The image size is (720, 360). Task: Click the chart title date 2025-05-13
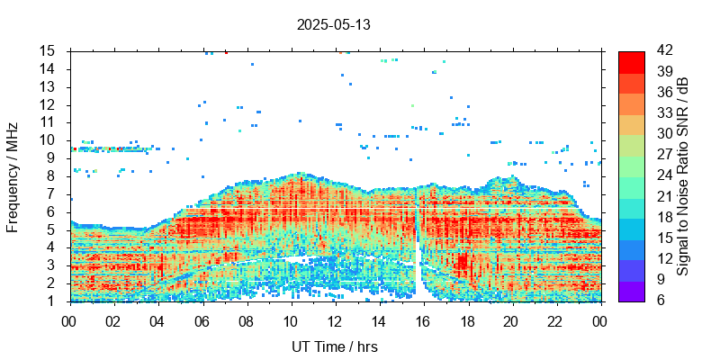pyautogui.click(x=333, y=25)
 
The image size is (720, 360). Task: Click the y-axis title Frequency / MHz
pyautogui.click(x=13, y=176)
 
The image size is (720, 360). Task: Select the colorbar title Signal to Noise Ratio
pyautogui.click(x=683, y=176)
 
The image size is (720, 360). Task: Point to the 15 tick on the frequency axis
pyautogui.click(x=49, y=50)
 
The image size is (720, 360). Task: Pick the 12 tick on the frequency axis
pyautogui.click(x=49, y=104)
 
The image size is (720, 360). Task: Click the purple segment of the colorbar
pyautogui.click(x=631, y=291)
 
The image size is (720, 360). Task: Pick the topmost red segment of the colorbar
pyautogui.click(x=631, y=61)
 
